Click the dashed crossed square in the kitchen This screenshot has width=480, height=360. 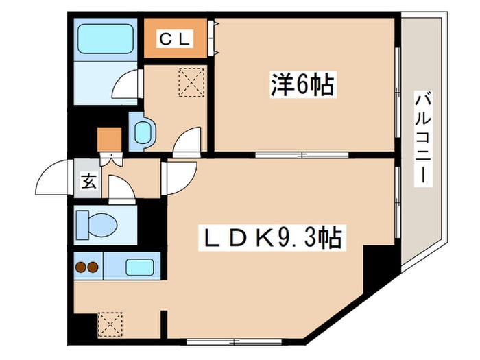click(x=109, y=322)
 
